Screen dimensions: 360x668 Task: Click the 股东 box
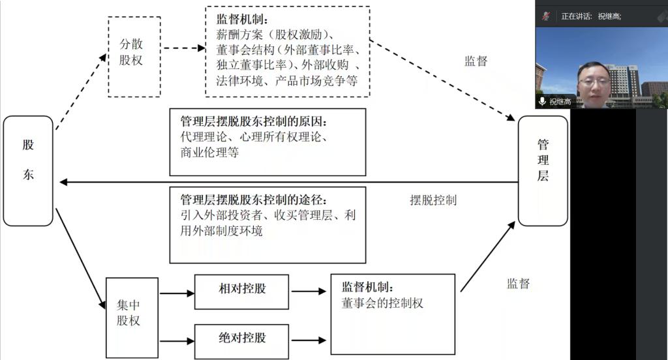pos(28,171)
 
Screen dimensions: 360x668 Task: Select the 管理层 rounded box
pos(543,171)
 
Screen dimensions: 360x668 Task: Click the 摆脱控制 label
pos(433,200)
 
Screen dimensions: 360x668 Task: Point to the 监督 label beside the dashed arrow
pos(476,61)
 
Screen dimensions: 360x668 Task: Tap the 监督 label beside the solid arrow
pos(518,284)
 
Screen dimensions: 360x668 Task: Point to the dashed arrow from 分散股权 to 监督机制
pos(183,48)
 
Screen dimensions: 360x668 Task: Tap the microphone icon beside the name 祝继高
pos(542,101)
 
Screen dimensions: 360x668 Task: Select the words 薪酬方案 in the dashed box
pos(237,34)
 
